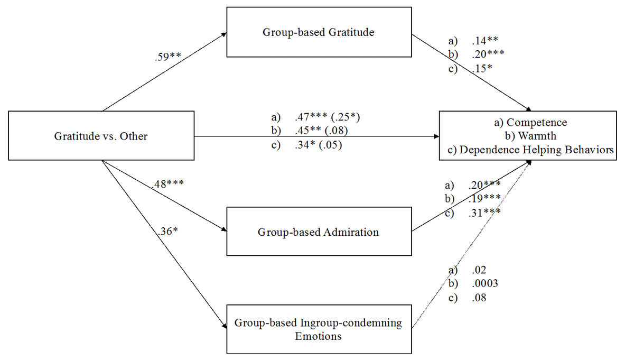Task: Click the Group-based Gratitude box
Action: [x=319, y=32]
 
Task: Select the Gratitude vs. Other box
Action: [x=101, y=136]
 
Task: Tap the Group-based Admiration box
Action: [x=319, y=232]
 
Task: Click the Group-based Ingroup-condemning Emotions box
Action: [x=319, y=329]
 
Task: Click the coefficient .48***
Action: [x=167, y=185]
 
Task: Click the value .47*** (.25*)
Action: [x=328, y=116]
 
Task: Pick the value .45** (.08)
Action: [x=321, y=131]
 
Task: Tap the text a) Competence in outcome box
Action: [x=529, y=123]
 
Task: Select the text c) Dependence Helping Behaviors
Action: [x=530, y=150]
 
